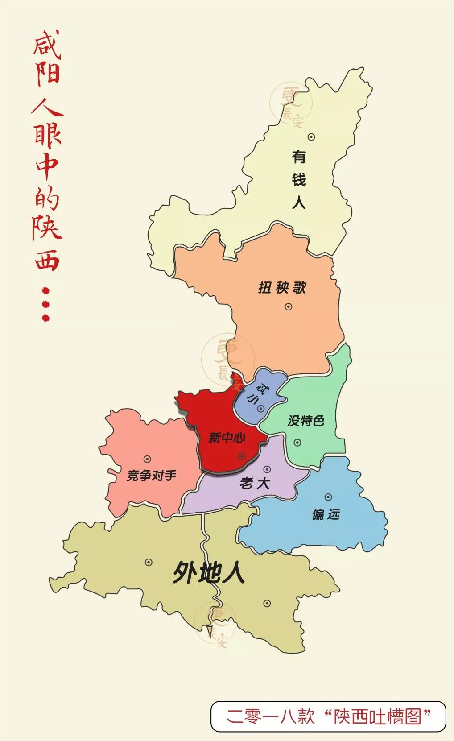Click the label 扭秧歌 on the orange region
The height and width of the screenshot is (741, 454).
tap(282, 288)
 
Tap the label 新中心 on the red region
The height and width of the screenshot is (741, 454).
tap(227, 438)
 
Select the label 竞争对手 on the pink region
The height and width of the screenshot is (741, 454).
tap(151, 476)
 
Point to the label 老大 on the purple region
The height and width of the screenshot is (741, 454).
tap(255, 483)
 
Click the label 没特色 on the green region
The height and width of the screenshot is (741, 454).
tap(305, 420)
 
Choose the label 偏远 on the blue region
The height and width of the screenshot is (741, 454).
tap(326, 514)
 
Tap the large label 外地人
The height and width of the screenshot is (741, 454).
tap(209, 572)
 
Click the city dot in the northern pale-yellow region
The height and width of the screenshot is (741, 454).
tap(311, 137)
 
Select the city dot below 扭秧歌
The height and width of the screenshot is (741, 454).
tap(289, 306)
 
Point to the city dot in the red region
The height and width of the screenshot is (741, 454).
tap(241, 456)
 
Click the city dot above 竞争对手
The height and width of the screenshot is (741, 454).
tap(147, 459)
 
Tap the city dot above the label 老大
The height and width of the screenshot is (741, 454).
tap(267, 469)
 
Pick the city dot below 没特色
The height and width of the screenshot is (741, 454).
tap(297, 443)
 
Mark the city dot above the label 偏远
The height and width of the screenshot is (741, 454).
tap(328, 497)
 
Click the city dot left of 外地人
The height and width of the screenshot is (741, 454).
tap(149, 563)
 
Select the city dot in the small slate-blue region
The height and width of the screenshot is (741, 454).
tap(261, 408)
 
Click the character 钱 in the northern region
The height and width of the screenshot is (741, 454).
tap(299, 180)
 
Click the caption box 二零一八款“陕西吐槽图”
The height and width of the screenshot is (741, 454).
tap(328, 716)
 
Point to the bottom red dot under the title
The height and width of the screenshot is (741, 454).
tap(45, 318)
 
